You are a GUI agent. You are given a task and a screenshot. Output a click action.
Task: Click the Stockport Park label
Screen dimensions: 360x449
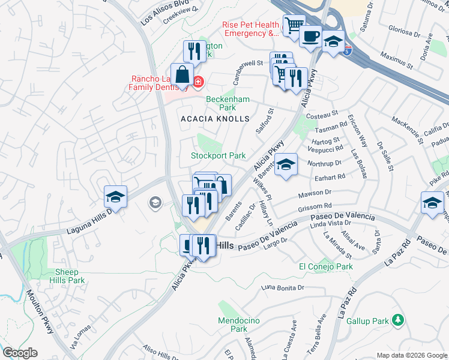point(218,155)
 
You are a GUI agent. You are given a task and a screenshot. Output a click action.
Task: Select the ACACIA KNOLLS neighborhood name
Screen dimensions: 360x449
point(215,119)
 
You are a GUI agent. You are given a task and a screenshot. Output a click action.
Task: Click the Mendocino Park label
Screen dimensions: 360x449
point(238,325)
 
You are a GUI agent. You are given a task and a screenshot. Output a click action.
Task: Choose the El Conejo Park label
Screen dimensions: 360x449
point(326,266)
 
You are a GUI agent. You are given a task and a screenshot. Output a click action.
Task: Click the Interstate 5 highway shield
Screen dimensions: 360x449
point(347,52)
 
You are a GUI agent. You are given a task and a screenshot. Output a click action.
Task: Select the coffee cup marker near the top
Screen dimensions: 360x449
point(310,37)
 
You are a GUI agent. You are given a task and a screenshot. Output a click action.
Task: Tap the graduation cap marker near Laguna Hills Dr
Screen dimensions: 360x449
point(115,197)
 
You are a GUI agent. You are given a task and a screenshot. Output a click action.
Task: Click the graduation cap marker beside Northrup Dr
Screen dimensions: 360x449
point(286,164)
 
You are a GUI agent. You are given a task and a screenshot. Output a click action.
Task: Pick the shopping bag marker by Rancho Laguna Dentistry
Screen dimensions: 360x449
point(182,76)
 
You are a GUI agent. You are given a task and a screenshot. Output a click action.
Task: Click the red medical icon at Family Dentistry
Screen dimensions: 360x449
point(197,81)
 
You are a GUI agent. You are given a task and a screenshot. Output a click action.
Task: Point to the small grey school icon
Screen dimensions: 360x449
point(155,203)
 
